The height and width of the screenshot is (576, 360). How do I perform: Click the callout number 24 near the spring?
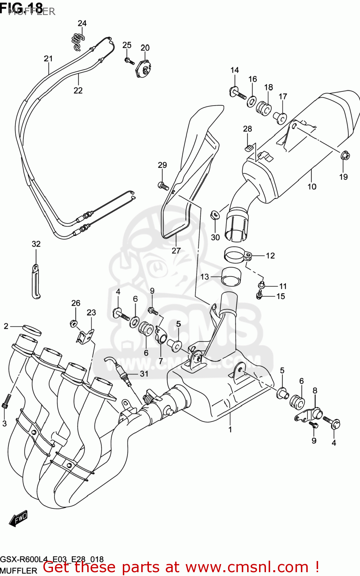(x=82, y=23)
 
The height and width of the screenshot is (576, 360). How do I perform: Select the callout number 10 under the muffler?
(x=312, y=187)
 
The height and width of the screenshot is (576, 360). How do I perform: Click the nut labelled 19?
(x=344, y=156)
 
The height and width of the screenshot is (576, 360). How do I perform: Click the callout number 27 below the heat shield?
(x=176, y=251)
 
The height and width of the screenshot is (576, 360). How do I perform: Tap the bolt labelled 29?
(x=163, y=186)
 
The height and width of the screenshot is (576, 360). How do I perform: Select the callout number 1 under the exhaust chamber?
(x=230, y=429)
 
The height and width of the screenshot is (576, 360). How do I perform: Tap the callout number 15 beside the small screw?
(x=281, y=296)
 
